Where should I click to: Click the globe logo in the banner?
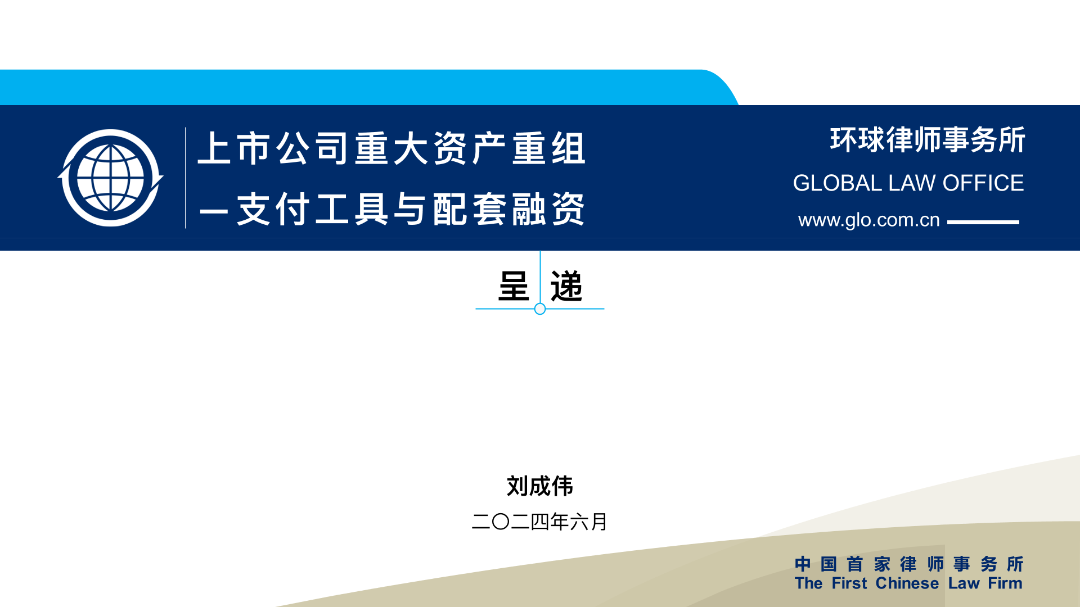(x=110, y=178)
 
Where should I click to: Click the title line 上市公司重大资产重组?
(x=391, y=148)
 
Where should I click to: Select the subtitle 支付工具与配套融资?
(x=411, y=209)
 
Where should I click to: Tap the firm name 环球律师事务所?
(x=928, y=140)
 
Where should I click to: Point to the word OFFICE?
(x=983, y=183)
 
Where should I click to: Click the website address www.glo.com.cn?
(x=869, y=220)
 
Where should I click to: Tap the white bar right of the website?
(x=983, y=222)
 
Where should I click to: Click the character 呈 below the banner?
(x=514, y=286)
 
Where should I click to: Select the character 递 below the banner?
(x=566, y=286)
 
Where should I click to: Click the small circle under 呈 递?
(x=540, y=309)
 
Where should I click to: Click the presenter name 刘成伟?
(x=540, y=486)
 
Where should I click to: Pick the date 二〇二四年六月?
(x=540, y=522)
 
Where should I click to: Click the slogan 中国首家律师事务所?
(x=909, y=564)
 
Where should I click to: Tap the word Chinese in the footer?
(x=907, y=583)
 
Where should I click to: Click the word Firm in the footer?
(x=1005, y=583)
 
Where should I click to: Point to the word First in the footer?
(x=849, y=583)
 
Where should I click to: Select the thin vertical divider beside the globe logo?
(x=185, y=178)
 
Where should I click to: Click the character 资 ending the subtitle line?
(x=569, y=209)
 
